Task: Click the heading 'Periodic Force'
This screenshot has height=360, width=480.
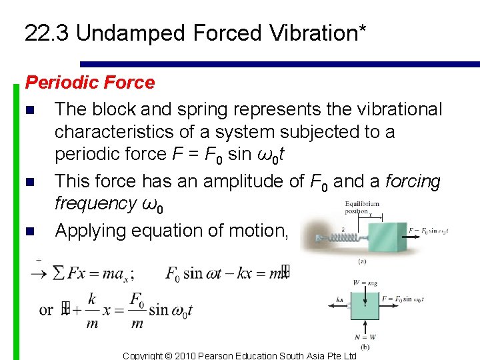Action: tap(89, 83)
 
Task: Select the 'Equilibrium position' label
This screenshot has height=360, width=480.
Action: tap(362, 208)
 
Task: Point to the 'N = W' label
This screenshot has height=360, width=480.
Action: tap(365, 336)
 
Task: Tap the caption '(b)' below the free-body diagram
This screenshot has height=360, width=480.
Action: tap(365, 347)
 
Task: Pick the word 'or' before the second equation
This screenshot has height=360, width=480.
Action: tap(46, 310)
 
